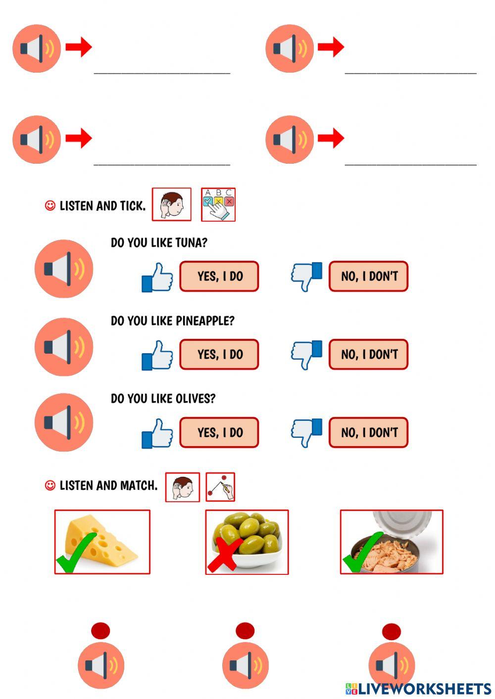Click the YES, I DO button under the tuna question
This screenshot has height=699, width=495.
pos(219,276)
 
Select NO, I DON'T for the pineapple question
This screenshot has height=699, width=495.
pos(368,354)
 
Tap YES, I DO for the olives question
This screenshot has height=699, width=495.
pos(219,432)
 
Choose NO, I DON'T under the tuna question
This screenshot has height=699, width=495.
pos(368,276)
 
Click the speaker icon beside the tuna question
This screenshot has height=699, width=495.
pos(64,268)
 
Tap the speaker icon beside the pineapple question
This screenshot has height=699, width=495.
pos(64,347)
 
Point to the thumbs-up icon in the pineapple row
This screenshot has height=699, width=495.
pos(157,355)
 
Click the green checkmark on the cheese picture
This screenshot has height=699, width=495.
pos(76,553)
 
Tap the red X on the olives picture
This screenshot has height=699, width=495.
pos(224,554)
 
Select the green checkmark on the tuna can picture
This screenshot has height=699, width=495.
pos(362,553)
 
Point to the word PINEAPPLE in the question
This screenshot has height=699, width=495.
pos(205,321)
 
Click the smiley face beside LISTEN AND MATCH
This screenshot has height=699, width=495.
pos(50,486)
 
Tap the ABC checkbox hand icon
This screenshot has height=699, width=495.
pos(218,204)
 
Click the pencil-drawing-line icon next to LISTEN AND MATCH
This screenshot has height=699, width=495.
pos(220,487)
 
